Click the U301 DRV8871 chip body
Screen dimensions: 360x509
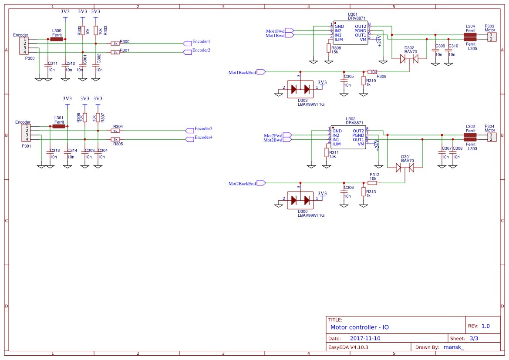[351, 33]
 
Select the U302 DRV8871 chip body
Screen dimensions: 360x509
[348, 137]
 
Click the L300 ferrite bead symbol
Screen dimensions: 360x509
[56, 39]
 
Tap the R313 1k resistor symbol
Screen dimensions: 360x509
[364, 192]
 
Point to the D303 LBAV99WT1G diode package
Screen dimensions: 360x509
[300, 89]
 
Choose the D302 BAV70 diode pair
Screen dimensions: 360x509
[409, 58]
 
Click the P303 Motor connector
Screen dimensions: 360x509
[491, 37]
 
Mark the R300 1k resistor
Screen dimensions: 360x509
[115, 44]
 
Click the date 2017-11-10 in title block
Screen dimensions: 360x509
[365, 338]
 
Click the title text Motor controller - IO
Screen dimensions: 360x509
[360, 327]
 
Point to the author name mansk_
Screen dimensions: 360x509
[453, 347]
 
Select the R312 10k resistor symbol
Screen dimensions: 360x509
[372, 183]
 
